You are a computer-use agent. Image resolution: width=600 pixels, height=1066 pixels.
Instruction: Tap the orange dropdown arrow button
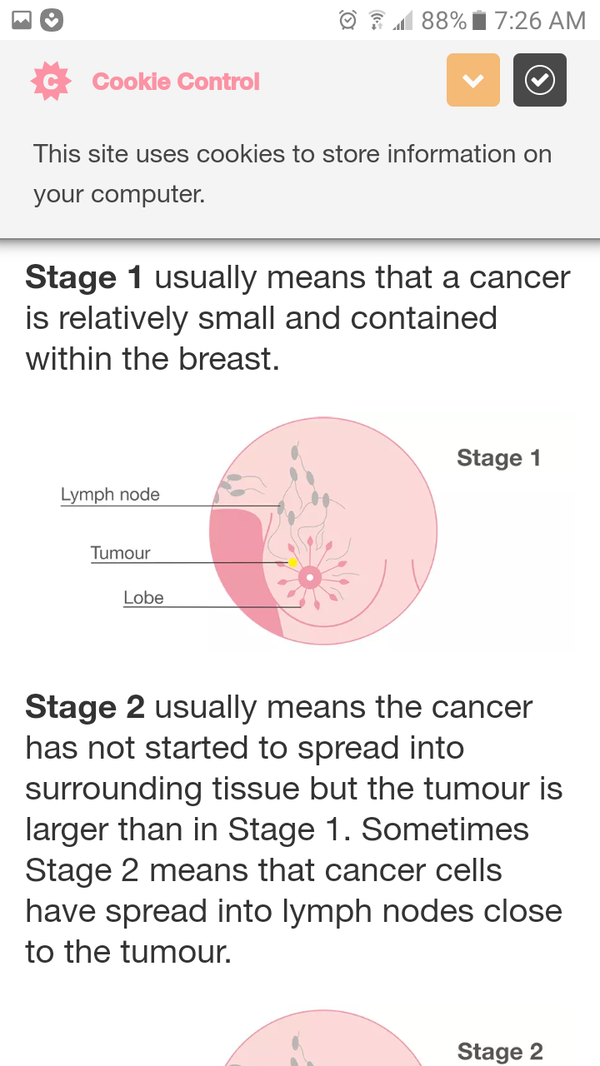point(472,80)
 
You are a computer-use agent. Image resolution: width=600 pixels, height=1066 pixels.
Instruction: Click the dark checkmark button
point(539,80)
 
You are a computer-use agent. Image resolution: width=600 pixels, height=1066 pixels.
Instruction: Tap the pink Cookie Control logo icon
point(51,81)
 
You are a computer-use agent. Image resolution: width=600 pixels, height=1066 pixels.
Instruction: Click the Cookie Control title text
point(176,82)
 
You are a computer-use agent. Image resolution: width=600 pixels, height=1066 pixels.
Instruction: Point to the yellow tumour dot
point(292,562)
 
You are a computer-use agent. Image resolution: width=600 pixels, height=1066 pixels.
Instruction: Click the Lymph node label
point(110,495)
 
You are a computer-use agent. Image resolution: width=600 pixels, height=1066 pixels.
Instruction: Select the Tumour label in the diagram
point(121,553)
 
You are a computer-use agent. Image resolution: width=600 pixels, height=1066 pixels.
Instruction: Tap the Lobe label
point(143,598)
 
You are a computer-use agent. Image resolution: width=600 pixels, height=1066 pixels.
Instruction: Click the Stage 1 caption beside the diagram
point(498,458)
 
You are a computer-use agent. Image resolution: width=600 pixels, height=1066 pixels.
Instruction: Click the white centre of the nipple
point(310,578)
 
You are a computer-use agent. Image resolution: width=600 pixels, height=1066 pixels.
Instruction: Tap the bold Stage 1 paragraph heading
point(84,277)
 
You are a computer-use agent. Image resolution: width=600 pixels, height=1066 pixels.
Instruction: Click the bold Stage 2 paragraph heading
point(85,707)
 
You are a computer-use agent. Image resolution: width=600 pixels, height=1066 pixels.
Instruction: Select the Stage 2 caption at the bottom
point(500,1051)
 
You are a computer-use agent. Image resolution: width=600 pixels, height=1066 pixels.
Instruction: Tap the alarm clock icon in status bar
point(347,21)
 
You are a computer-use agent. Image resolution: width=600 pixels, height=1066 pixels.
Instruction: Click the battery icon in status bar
point(479,21)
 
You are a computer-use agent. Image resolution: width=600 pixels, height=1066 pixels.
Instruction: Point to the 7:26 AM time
point(539,21)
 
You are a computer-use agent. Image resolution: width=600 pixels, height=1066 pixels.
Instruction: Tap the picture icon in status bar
point(22,20)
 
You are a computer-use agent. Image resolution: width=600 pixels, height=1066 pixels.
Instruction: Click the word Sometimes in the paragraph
point(445,829)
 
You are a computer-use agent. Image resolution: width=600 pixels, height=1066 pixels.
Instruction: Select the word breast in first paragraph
point(228,359)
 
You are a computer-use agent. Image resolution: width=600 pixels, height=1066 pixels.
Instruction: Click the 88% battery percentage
point(444,21)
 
